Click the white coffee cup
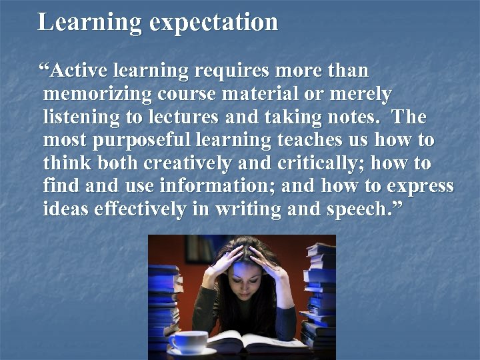(187, 341)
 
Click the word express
(421, 186)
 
